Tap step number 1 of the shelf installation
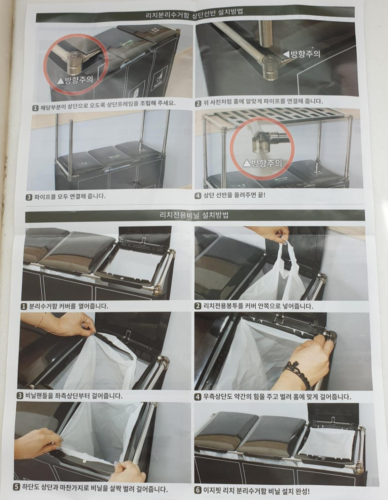point(35,108)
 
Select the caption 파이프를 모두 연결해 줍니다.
point(70,197)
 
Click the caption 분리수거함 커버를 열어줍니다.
point(68,307)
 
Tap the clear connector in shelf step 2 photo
point(271,68)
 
